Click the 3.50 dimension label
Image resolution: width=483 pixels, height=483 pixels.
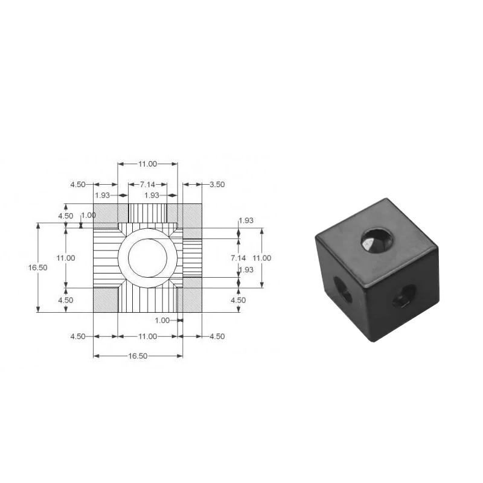[x=217, y=185]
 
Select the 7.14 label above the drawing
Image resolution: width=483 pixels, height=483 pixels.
[x=147, y=185]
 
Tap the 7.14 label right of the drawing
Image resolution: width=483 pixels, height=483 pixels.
[x=238, y=258]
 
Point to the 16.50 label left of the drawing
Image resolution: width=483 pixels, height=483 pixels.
[x=38, y=267]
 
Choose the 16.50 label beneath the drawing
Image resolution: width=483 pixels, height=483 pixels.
[x=138, y=356]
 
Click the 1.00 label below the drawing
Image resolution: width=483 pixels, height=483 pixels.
[x=162, y=321]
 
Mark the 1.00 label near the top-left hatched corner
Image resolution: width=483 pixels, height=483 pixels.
[x=88, y=215]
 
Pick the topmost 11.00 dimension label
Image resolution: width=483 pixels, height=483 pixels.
[x=147, y=164]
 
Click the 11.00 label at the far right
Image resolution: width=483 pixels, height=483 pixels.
[x=262, y=258]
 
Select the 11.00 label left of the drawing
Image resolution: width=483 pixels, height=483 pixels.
[x=66, y=258]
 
